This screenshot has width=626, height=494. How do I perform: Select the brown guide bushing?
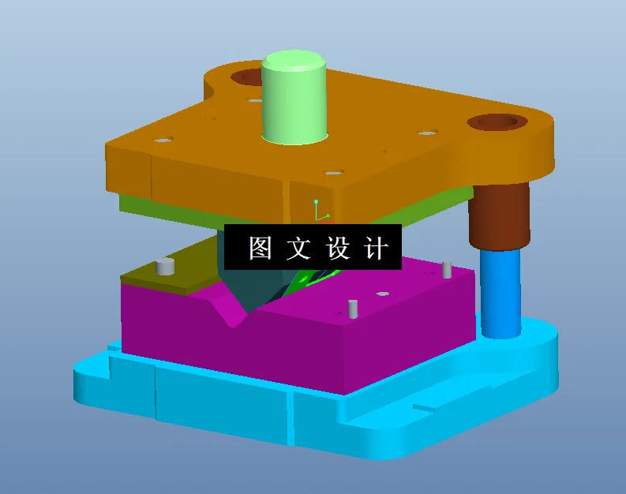pyautogui.click(x=498, y=215)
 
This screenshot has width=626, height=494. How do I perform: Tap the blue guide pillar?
pyautogui.click(x=500, y=293)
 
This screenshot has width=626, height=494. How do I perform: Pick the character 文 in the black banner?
pyautogui.click(x=299, y=249)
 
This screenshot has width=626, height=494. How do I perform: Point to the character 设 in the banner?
pyautogui.click(x=338, y=249)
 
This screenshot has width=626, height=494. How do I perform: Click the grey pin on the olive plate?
pyautogui.click(x=165, y=266)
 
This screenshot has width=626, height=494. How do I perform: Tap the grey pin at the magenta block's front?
pyautogui.click(x=353, y=309)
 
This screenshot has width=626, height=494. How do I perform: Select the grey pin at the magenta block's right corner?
pyautogui.click(x=447, y=270)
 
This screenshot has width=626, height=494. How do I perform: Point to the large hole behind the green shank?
pyautogui.click(x=248, y=77)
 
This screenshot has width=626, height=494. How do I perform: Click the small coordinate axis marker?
pyautogui.click(x=317, y=211)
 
